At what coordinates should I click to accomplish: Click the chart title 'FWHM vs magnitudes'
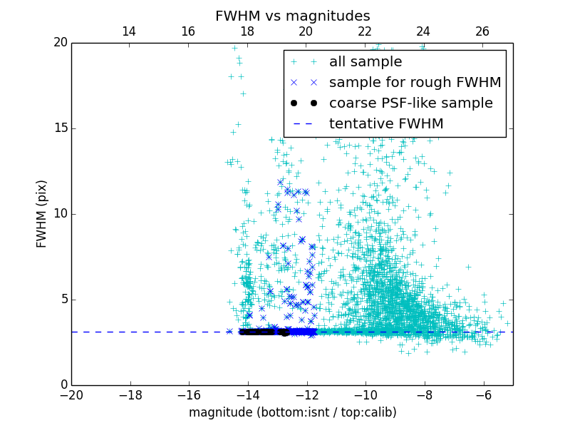[292, 16]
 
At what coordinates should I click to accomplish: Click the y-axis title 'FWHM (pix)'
[42, 214]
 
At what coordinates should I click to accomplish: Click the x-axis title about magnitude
[292, 412]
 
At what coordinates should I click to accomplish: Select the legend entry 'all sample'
[366, 62]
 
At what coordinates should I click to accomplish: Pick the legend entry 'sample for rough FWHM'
[415, 83]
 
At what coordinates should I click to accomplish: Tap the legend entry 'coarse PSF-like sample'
[410, 103]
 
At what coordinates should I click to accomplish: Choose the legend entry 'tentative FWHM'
[386, 124]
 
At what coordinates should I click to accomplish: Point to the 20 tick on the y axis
[60, 43]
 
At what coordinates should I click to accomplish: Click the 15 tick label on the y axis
[60, 128]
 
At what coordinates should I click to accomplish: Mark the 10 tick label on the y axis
[60, 214]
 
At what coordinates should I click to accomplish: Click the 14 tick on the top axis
[129, 31]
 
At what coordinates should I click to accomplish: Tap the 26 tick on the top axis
[482, 31]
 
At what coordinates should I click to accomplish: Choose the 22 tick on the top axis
[365, 31]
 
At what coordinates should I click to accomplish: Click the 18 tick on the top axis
[247, 31]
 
